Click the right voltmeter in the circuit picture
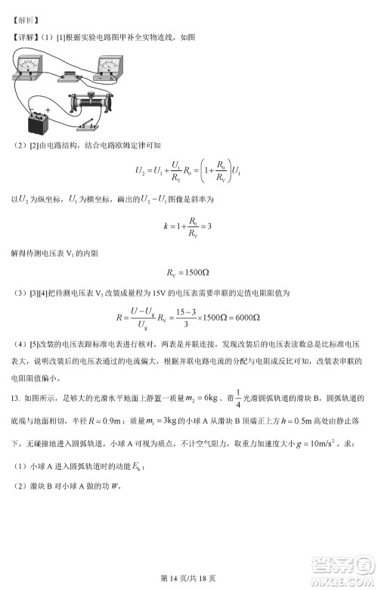point(110,70)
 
